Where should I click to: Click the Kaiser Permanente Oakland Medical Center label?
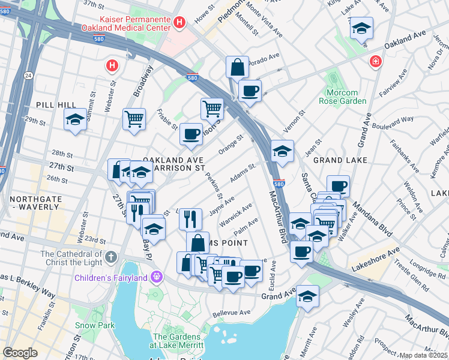(x=135, y=23)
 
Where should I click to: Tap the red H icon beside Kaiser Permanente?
(x=179, y=23)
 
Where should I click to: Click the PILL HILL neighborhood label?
(x=56, y=105)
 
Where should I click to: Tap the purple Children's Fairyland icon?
(x=157, y=277)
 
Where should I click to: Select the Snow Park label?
(x=86, y=325)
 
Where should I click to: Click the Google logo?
(x=20, y=352)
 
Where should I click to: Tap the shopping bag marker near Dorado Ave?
(x=237, y=67)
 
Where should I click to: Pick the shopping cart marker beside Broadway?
(x=134, y=118)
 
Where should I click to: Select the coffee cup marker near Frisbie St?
(x=191, y=134)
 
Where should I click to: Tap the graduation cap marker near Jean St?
(x=282, y=151)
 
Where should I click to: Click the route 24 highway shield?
(x=28, y=75)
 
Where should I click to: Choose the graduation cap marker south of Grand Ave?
(x=308, y=296)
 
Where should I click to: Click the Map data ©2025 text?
(x=423, y=355)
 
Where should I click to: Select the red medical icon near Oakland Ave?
(x=375, y=61)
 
